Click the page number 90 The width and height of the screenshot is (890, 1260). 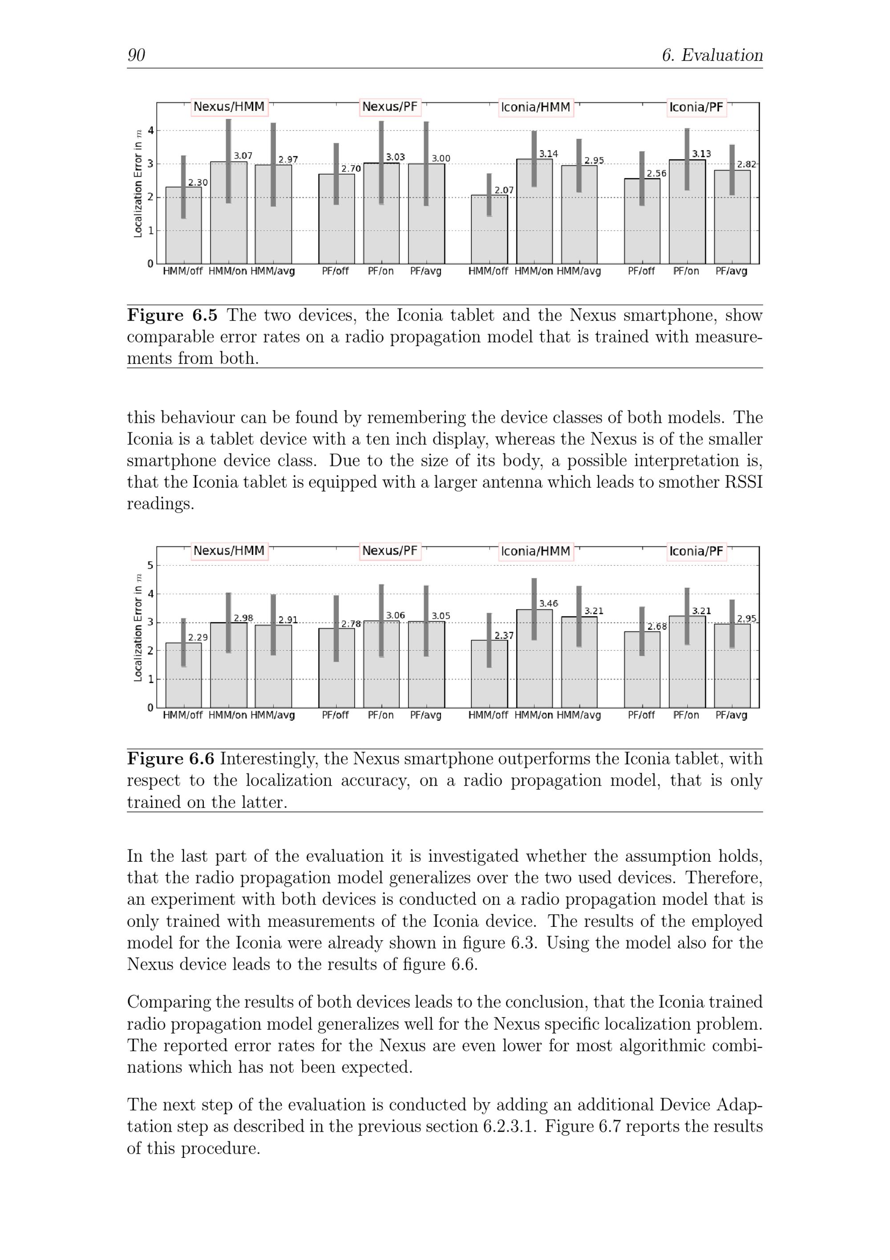tap(136, 55)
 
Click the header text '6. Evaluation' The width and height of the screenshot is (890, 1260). tap(712, 55)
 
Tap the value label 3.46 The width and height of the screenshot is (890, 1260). tap(548, 603)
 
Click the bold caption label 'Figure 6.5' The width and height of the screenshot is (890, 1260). tap(172, 315)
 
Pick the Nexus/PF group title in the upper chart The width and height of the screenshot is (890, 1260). tap(390, 107)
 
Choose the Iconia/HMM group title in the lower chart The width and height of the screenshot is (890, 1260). tap(536, 551)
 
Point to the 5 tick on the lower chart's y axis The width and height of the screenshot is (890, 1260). tap(150, 565)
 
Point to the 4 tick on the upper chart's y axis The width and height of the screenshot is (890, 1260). tap(150, 130)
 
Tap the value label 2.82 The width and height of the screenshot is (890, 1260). tap(746, 164)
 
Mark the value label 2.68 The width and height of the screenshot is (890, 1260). tap(656, 626)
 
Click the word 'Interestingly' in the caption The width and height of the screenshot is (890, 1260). tap(267, 759)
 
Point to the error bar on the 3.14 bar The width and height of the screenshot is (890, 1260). tap(534, 159)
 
